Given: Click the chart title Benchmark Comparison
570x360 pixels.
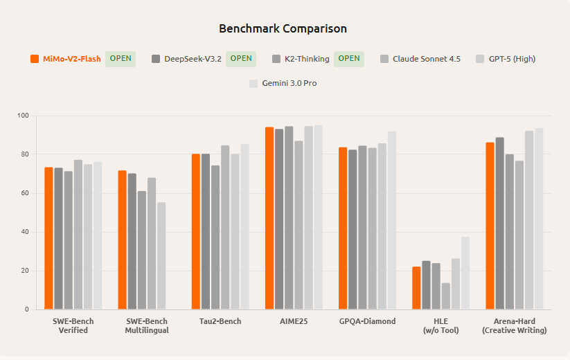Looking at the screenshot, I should (x=283, y=28).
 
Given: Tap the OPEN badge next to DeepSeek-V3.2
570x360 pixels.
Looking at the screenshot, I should (x=241, y=59).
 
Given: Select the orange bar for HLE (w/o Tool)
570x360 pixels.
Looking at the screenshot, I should (x=416, y=288).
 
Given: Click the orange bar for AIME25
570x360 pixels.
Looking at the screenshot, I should (x=269, y=218).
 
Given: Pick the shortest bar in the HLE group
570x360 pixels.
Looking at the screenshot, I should (x=445, y=296).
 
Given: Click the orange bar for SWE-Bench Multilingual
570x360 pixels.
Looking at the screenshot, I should (x=122, y=240).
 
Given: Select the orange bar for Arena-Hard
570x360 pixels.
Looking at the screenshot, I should (x=490, y=226).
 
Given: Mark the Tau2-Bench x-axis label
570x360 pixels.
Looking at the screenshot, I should (x=220, y=321).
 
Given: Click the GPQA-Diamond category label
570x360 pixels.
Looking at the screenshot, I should (x=367, y=321).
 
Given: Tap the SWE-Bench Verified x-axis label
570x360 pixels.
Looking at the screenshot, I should (x=73, y=325).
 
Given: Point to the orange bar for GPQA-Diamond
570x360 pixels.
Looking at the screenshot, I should (x=343, y=228).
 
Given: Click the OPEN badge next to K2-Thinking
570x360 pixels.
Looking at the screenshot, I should (x=349, y=59).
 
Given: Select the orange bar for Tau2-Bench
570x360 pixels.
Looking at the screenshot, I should (x=196, y=231).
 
